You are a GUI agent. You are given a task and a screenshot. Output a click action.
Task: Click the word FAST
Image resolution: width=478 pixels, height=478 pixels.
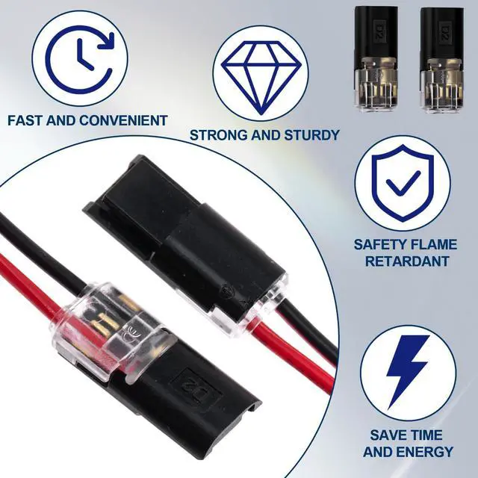click(25, 120)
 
